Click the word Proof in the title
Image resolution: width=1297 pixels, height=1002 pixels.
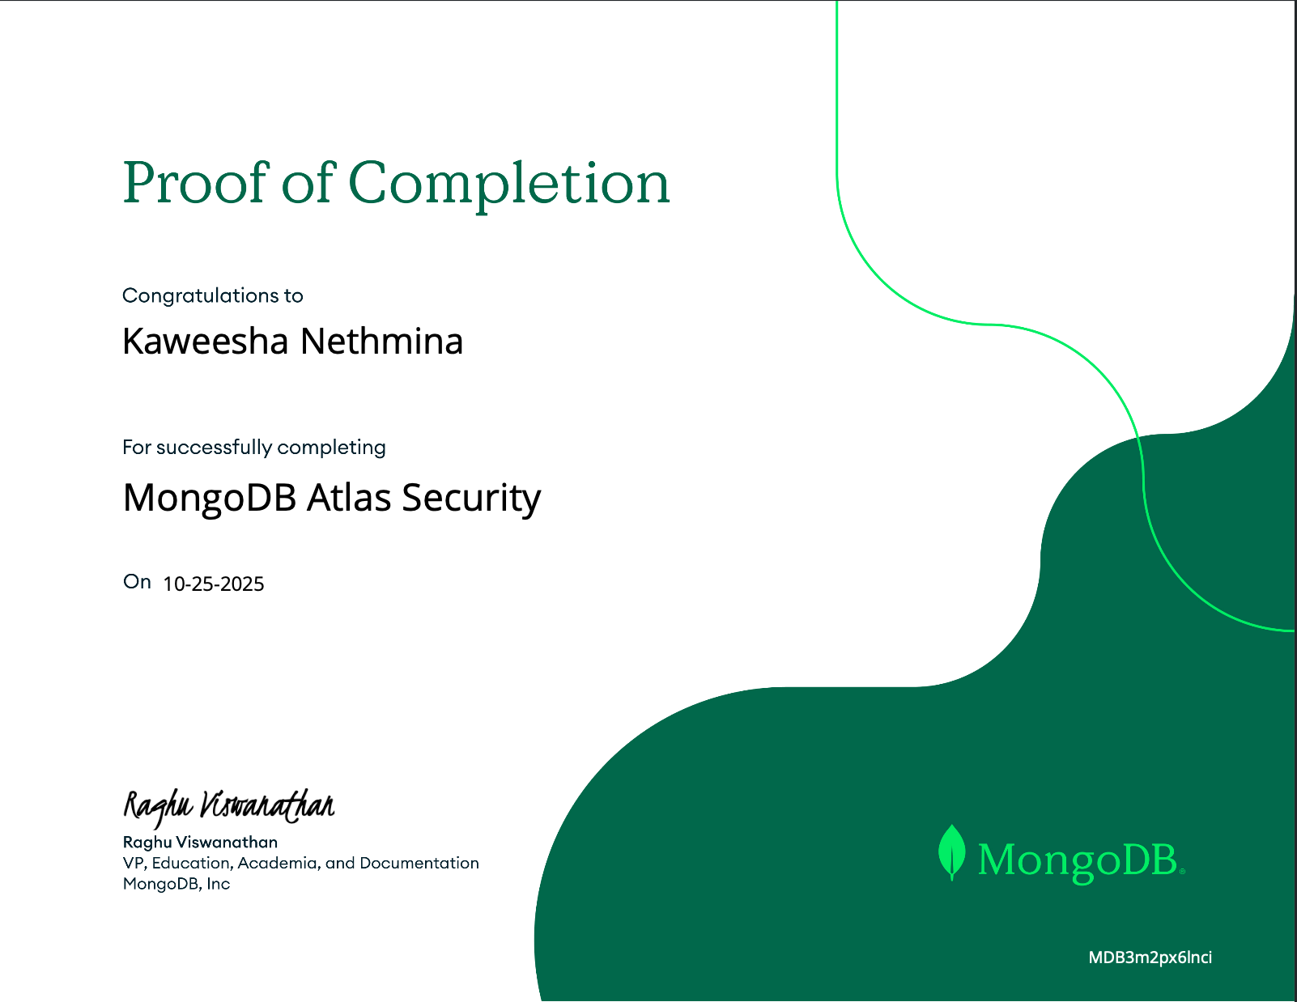point(195,183)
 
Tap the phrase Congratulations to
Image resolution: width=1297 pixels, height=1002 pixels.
point(213,295)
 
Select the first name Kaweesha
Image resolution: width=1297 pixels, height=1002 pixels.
point(206,342)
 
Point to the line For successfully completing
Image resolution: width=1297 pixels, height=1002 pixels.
point(254,447)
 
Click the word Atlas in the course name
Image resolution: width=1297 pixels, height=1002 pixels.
point(348,497)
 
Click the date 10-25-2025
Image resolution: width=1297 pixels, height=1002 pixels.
point(214,584)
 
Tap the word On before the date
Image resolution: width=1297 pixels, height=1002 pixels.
point(137,582)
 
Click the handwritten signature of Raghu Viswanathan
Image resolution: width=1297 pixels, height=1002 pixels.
point(228,805)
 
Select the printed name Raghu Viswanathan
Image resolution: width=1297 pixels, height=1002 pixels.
point(200,842)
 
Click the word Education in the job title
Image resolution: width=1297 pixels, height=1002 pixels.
point(192,863)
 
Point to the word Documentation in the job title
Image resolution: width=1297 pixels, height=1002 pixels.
point(419,863)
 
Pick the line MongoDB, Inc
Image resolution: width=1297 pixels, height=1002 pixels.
point(176,884)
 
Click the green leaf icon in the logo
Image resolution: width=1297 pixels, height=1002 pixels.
point(952,852)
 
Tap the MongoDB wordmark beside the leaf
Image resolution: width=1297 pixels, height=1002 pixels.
point(1078,860)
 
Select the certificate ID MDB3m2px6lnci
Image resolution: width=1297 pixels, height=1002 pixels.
point(1150,957)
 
